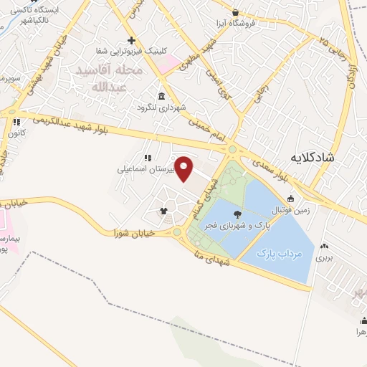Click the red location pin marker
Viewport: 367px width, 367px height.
point(184,168)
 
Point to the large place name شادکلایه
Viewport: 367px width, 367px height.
point(313,156)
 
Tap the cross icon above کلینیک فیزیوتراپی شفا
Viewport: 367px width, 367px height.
point(130,41)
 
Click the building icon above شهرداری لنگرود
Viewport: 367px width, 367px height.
point(161,97)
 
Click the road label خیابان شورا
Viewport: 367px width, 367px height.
point(130,232)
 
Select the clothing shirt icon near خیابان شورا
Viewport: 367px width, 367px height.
point(163,211)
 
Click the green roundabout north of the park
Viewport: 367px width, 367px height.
point(232,150)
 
